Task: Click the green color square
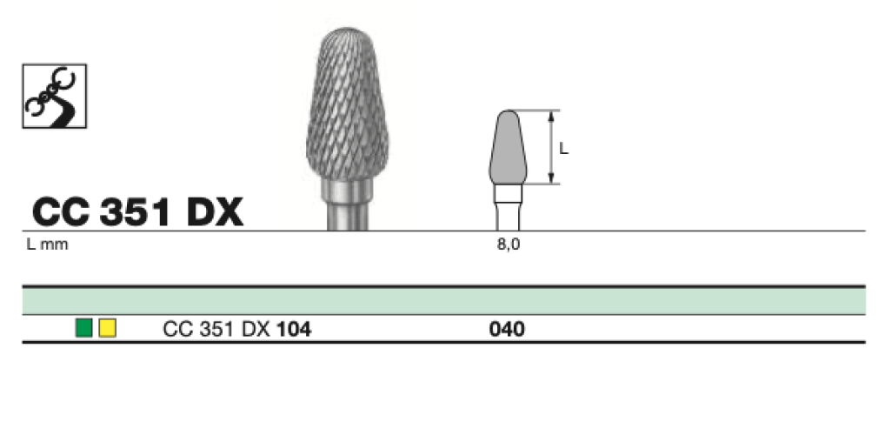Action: click(84, 328)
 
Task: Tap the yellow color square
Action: click(108, 328)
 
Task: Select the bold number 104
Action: click(294, 330)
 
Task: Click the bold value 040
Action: click(507, 330)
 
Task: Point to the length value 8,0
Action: click(509, 245)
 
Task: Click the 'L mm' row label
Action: click(48, 245)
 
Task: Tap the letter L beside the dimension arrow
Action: click(564, 149)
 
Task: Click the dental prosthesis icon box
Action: click(54, 96)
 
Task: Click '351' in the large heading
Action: click(135, 212)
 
